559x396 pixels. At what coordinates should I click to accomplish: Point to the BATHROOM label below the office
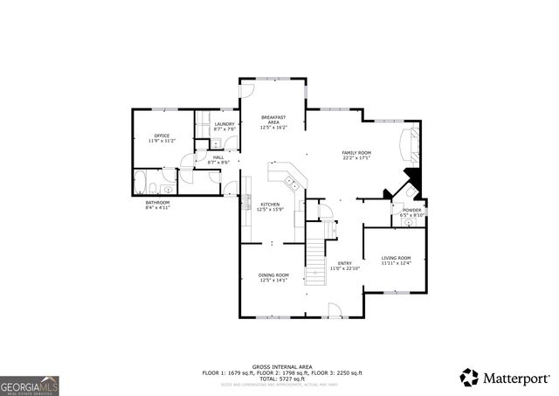tap(157, 205)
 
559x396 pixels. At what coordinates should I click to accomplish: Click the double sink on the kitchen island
tap(293, 183)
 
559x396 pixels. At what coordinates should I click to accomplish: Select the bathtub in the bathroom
tap(140, 183)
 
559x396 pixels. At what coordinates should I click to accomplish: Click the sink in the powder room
tap(409, 222)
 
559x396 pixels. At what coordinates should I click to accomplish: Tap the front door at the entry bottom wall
tap(333, 309)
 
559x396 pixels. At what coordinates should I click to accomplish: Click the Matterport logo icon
tap(470, 377)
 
